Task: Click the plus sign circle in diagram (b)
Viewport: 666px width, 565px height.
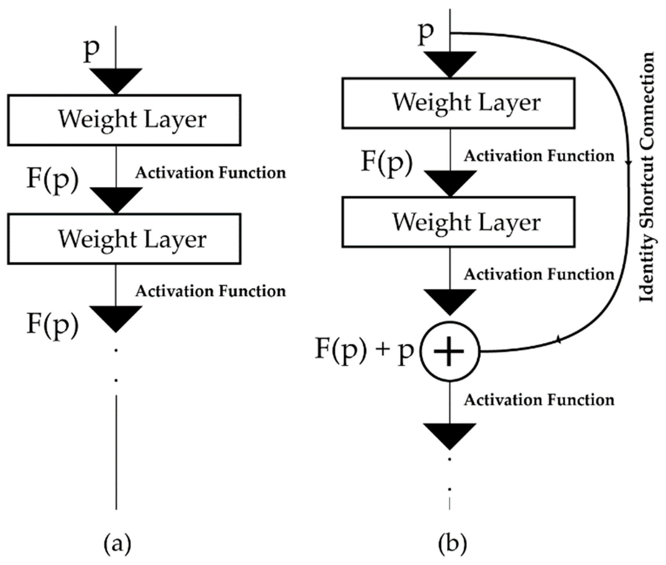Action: pos(450,351)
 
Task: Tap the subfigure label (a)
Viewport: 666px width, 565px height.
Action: pos(117,543)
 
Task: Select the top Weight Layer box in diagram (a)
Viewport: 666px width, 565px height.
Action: pos(124,120)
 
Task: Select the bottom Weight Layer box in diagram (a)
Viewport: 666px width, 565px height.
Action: pos(124,239)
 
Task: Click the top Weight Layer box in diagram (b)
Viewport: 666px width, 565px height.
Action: pos(458,103)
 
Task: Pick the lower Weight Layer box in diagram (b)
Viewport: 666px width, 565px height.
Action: pos(458,222)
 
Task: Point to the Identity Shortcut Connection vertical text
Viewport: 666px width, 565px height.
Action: pos(646,177)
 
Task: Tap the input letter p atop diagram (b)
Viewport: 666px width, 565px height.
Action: pos(426,34)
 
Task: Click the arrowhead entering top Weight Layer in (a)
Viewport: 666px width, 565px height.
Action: pos(116,80)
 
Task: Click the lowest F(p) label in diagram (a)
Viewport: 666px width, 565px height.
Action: pos(52,324)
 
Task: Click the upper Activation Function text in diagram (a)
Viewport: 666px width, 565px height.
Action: pos(210,173)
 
